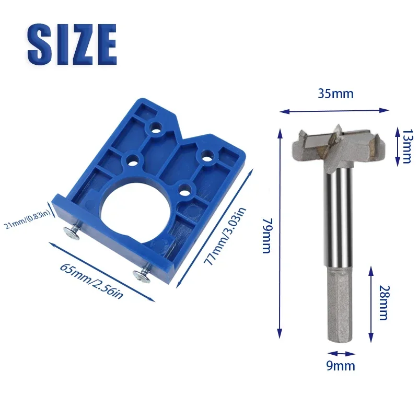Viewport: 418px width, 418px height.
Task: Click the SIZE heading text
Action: [72, 44]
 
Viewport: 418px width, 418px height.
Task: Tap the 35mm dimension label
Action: [335, 94]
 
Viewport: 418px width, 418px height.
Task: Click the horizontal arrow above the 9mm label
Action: [338, 353]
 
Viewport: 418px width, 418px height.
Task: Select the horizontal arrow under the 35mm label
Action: [334, 110]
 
